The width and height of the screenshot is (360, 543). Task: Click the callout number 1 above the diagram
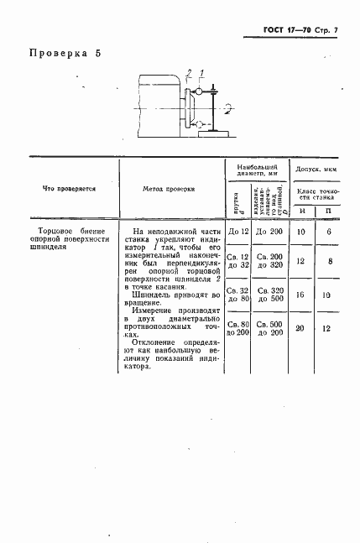coord(202,72)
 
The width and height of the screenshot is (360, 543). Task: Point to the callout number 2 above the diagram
coord(190,72)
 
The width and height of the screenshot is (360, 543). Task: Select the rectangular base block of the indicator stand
coord(213,133)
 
